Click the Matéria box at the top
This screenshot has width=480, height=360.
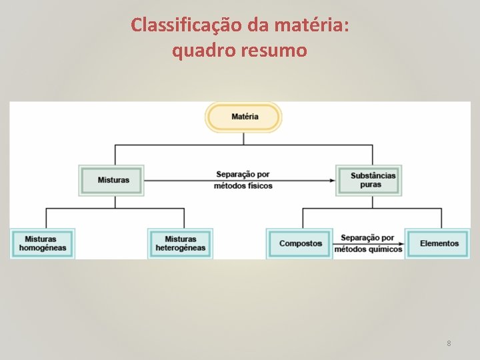pyautogui.click(x=244, y=117)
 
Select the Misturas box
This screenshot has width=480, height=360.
pyautogui.click(x=112, y=180)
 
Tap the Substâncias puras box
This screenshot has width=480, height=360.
pyautogui.click(x=369, y=180)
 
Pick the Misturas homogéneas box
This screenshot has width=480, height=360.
pyautogui.click(x=43, y=243)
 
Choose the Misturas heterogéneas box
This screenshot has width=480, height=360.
pyautogui.click(x=180, y=243)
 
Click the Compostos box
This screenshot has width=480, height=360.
pyautogui.click(x=300, y=243)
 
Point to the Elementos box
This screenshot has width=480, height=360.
pyautogui.click(x=439, y=243)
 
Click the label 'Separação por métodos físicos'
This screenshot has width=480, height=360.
pyautogui.click(x=243, y=180)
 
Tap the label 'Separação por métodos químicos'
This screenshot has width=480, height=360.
pyautogui.click(x=368, y=243)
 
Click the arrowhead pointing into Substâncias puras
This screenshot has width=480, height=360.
pyautogui.click(x=333, y=181)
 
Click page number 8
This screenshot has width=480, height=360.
pyautogui.click(x=449, y=343)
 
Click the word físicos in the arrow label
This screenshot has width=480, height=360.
pyautogui.click(x=259, y=186)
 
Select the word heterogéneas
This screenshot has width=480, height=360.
pyautogui.click(x=180, y=249)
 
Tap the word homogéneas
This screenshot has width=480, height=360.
pyautogui.click(x=43, y=249)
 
